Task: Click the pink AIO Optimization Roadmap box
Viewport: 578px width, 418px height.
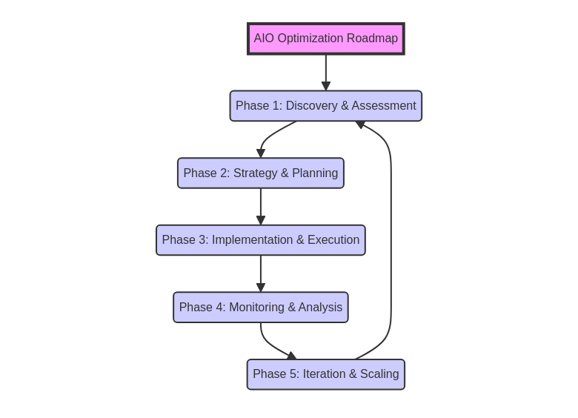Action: (x=325, y=39)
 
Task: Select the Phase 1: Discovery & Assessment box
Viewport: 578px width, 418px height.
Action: (x=325, y=106)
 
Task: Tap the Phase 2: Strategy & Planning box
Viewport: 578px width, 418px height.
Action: (x=260, y=173)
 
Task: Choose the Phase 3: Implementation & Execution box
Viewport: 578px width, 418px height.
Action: (x=260, y=240)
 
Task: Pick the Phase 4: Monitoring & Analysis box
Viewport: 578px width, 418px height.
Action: (x=260, y=308)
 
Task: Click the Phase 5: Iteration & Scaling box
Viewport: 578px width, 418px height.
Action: (x=325, y=374)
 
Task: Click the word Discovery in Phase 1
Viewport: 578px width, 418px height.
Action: (x=312, y=106)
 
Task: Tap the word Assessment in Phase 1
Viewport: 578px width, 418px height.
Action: (x=383, y=106)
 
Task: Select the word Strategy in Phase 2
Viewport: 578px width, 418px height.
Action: (x=256, y=173)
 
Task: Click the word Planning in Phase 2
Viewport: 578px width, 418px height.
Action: (x=315, y=173)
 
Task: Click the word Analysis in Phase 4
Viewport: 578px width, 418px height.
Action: (x=320, y=308)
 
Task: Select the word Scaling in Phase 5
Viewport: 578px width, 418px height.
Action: (x=379, y=374)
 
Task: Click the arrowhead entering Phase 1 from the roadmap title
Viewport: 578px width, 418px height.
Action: (x=325, y=87)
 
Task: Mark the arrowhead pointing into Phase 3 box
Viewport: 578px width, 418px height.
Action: (x=260, y=221)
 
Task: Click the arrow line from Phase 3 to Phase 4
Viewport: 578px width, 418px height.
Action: (x=260, y=270)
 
